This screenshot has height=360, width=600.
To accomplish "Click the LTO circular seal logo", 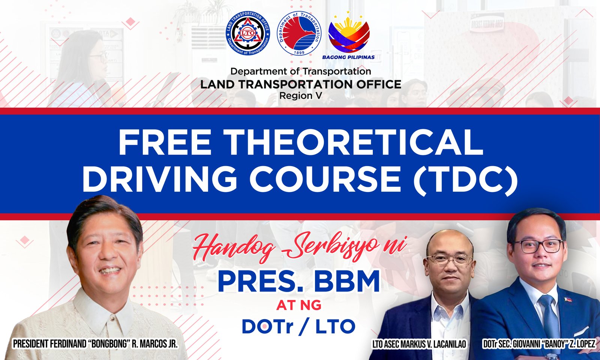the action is [x=248, y=33].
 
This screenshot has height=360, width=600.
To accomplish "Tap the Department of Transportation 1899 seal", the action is [x=299, y=33].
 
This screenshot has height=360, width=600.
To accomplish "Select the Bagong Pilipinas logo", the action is [x=348, y=35].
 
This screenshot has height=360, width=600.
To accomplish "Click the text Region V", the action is [x=300, y=96].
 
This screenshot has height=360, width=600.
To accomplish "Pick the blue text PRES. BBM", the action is [x=298, y=282].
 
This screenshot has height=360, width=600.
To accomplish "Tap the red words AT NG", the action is [x=298, y=305].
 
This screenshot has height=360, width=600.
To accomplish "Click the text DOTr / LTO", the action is [x=298, y=326].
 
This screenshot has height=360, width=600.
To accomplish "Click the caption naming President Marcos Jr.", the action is [x=95, y=344].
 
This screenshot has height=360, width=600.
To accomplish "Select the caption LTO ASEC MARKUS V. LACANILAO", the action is [x=419, y=345].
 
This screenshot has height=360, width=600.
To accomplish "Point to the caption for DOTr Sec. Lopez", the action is [x=539, y=345].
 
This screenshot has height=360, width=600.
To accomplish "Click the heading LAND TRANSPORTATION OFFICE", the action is [x=300, y=84].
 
